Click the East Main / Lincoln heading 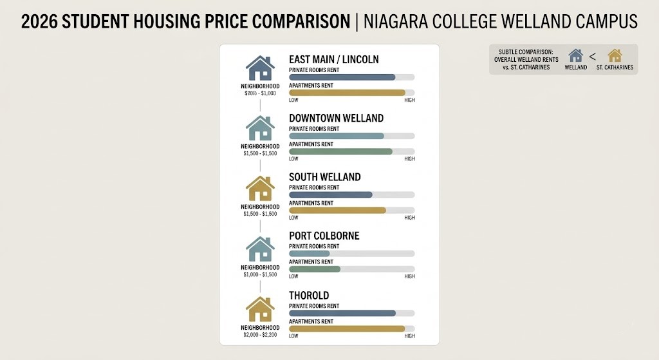pos(333,59)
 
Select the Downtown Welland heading pos(336,118)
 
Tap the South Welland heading pos(324,177)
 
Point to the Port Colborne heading pos(324,236)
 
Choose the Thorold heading pos(309,295)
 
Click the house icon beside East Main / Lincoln pos(260,68)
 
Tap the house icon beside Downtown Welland pos(260,128)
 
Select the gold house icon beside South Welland pos(260,189)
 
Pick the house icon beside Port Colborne pos(260,249)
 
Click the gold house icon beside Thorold pos(260,309)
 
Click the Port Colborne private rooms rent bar pos(310,254)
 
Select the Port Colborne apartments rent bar pos(315,269)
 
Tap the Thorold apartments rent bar pos(347,328)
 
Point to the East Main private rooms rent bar pos(342,77)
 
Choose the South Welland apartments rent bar pos(337,211)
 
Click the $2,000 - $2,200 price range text pos(260,334)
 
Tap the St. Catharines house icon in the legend pos(615,55)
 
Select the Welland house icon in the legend pos(575,55)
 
